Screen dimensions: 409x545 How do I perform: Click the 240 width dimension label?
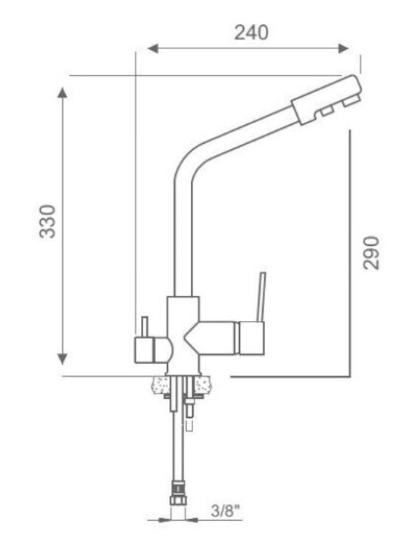[x=251, y=33]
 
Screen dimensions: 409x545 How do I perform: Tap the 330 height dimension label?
[x=47, y=221]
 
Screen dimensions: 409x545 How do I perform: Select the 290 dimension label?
[x=370, y=253]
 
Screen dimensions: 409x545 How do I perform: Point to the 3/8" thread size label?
[x=226, y=511]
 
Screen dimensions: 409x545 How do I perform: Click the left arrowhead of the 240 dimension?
[x=153, y=48]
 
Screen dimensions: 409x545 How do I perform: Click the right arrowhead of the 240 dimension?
[x=343, y=48]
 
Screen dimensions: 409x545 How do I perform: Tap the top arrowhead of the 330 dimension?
[x=62, y=93]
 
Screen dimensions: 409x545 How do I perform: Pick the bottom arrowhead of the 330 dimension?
[x=62, y=358]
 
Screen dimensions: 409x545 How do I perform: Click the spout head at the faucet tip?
[x=326, y=99]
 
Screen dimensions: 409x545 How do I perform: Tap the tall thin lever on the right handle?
[x=261, y=297]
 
